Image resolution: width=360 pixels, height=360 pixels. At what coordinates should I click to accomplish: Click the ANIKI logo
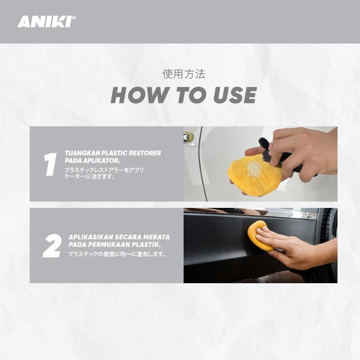click(x=46, y=22)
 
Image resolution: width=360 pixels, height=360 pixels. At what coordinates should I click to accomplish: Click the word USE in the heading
click(x=235, y=95)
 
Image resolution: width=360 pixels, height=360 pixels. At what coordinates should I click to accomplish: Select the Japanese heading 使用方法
click(x=184, y=74)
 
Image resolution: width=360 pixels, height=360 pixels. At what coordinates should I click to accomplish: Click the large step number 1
click(x=50, y=164)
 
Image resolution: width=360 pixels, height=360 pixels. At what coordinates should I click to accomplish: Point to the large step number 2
click(x=52, y=246)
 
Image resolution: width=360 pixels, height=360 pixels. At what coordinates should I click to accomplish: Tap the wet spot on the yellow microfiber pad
click(x=254, y=168)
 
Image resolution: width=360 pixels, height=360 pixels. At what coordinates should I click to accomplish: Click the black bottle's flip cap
click(x=264, y=144)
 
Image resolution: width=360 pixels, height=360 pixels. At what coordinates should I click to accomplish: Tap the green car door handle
click(x=188, y=137)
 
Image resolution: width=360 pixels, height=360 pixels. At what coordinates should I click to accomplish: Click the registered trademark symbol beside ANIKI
click(x=74, y=18)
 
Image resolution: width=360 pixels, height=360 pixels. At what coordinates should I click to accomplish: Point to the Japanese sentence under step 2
click(x=117, y=254)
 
